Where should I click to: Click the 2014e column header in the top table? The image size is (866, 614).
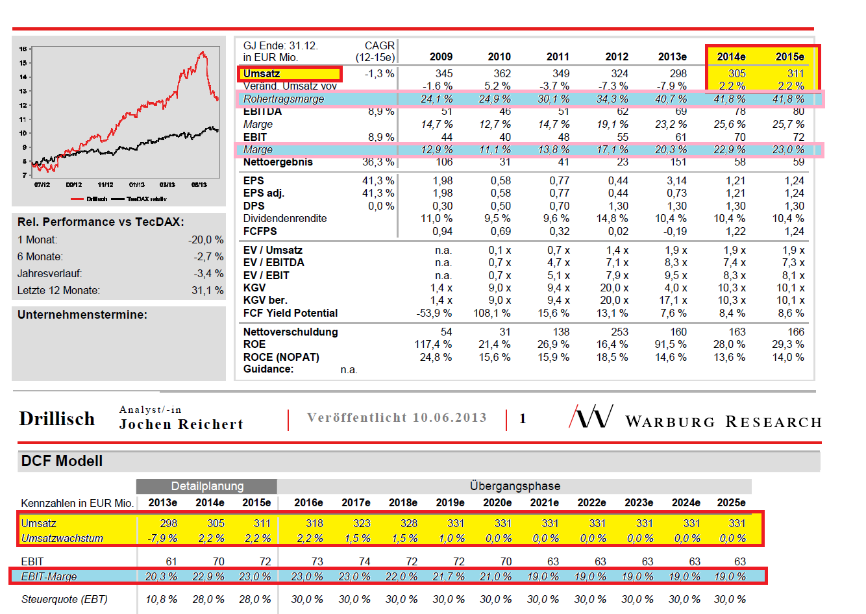click(731, 56)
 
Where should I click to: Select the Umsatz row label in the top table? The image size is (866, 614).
click(262, 73)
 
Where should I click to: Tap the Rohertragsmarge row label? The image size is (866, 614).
click(284, 99)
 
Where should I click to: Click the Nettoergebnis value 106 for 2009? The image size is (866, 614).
click(444, 162)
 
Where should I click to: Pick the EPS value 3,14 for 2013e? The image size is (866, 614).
click(676, 180)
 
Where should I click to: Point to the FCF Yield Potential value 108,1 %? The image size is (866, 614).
click(491, 313)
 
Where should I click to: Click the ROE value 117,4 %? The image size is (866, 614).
click(433, 344)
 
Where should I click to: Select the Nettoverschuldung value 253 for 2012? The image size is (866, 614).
click(619, 332)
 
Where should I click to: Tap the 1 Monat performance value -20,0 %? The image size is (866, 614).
click(206, 239)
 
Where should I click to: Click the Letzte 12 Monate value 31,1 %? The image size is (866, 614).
click(207, 290)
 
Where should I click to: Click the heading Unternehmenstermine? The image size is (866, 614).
click(82, 315)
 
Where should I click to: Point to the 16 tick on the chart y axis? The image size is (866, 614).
click(23, 49)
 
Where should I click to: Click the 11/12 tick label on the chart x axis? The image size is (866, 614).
click(105, 185)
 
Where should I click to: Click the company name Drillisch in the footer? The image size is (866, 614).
click(57, 419)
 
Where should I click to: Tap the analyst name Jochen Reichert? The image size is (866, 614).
click(181, 424)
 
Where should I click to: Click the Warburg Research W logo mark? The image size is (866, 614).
click(591, 417)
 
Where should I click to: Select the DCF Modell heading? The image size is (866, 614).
click(62, 461)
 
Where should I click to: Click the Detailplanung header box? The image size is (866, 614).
click(207, 486)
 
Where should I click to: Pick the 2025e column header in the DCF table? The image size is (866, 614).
click(731, 502)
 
